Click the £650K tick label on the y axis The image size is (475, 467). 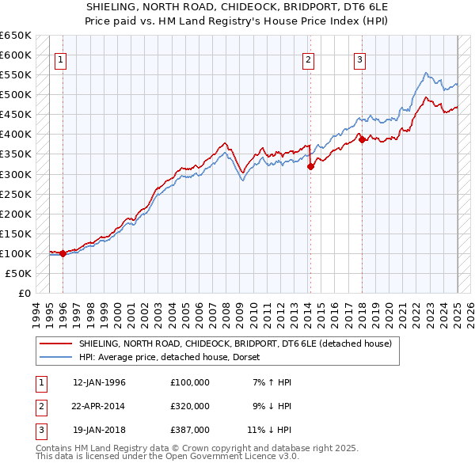coord(16,36)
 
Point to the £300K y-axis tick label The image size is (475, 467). coord(16,174)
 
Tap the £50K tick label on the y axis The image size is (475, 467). coord(19,273)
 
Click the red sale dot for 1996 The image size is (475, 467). coord(63,253)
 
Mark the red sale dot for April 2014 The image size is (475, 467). coord(310,166)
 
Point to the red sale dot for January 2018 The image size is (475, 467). coord(362,139)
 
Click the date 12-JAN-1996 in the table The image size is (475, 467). coord(99,382)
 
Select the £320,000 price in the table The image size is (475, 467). coord(190,406)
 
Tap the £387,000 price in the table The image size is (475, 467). coord(190,430)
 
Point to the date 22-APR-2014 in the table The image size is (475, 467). coord(99,406)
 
